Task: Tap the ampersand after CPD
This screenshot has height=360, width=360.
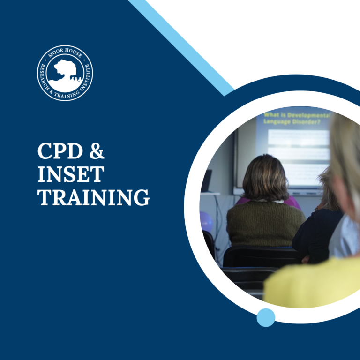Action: click(x=96, y=152)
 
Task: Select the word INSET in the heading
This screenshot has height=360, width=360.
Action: click(x=70, y=175)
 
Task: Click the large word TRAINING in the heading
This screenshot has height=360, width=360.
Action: click(x=94, y=197)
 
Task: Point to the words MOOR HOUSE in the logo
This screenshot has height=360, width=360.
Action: click(x=65, y=52)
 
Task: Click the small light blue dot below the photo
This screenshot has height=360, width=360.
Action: click(x=266, y=317)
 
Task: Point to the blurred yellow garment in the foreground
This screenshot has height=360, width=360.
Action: click(x=309, y=286)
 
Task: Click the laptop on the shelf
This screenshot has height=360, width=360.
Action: click(x=206, y=180)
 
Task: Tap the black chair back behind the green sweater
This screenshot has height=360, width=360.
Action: click(x=260, y=256)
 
